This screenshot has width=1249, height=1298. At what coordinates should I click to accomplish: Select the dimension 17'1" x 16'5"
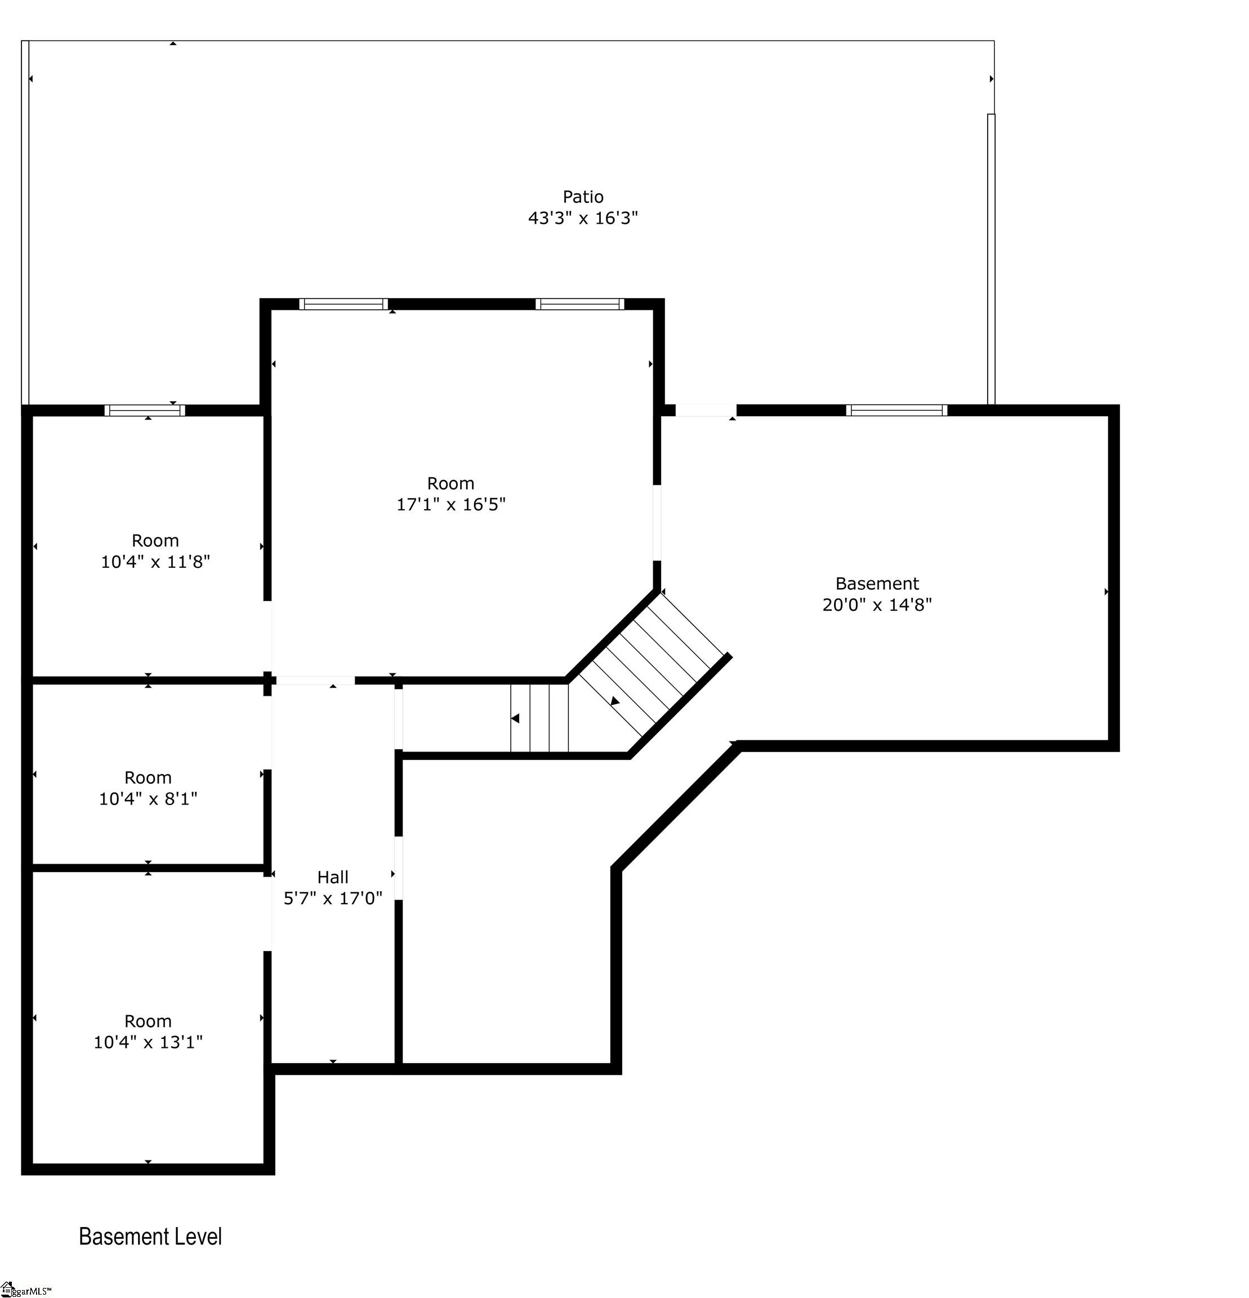[x=450, y=505]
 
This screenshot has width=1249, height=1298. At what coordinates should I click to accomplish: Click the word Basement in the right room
[x=877, y=584]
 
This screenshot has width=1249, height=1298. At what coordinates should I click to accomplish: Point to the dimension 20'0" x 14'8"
[x=877, y=604]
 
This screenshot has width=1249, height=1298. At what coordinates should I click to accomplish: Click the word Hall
[x=333, y=877]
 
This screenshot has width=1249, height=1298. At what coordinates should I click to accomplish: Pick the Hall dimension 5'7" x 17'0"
[x=333, y=898]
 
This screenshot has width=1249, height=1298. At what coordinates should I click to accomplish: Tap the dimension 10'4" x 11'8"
[x=155, y=562]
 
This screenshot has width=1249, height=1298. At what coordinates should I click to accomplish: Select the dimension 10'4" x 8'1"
[x=148, y=799]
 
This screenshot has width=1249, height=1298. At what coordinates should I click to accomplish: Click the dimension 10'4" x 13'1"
[x=148, y=1042]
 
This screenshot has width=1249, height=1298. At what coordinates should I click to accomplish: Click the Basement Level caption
[x=150, y=1237]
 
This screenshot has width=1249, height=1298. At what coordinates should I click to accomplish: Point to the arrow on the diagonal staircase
[x=615, y=701]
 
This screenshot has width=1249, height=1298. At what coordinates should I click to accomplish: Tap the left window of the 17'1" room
[x=344, y=304]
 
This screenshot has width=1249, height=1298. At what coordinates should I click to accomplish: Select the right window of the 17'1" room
[x=580, y=304]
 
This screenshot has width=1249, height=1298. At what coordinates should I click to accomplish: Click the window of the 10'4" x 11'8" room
[x=145, y=410]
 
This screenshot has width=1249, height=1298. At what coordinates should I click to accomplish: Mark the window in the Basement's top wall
[x=896, y=410]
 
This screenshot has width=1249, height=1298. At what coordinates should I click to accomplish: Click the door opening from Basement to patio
[x=706, y=411]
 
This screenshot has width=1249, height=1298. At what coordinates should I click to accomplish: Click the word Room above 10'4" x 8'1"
[x=148, y=777]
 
